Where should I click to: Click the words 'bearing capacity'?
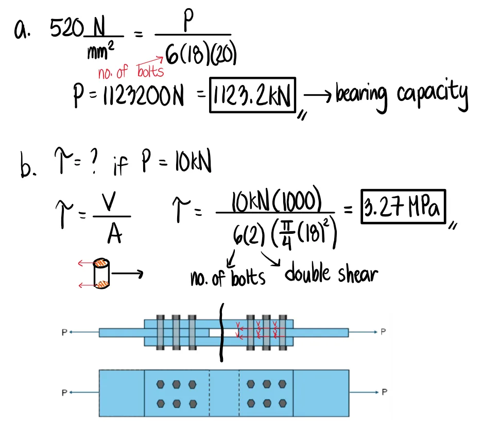pyautogui.click(x=401, y=95)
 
